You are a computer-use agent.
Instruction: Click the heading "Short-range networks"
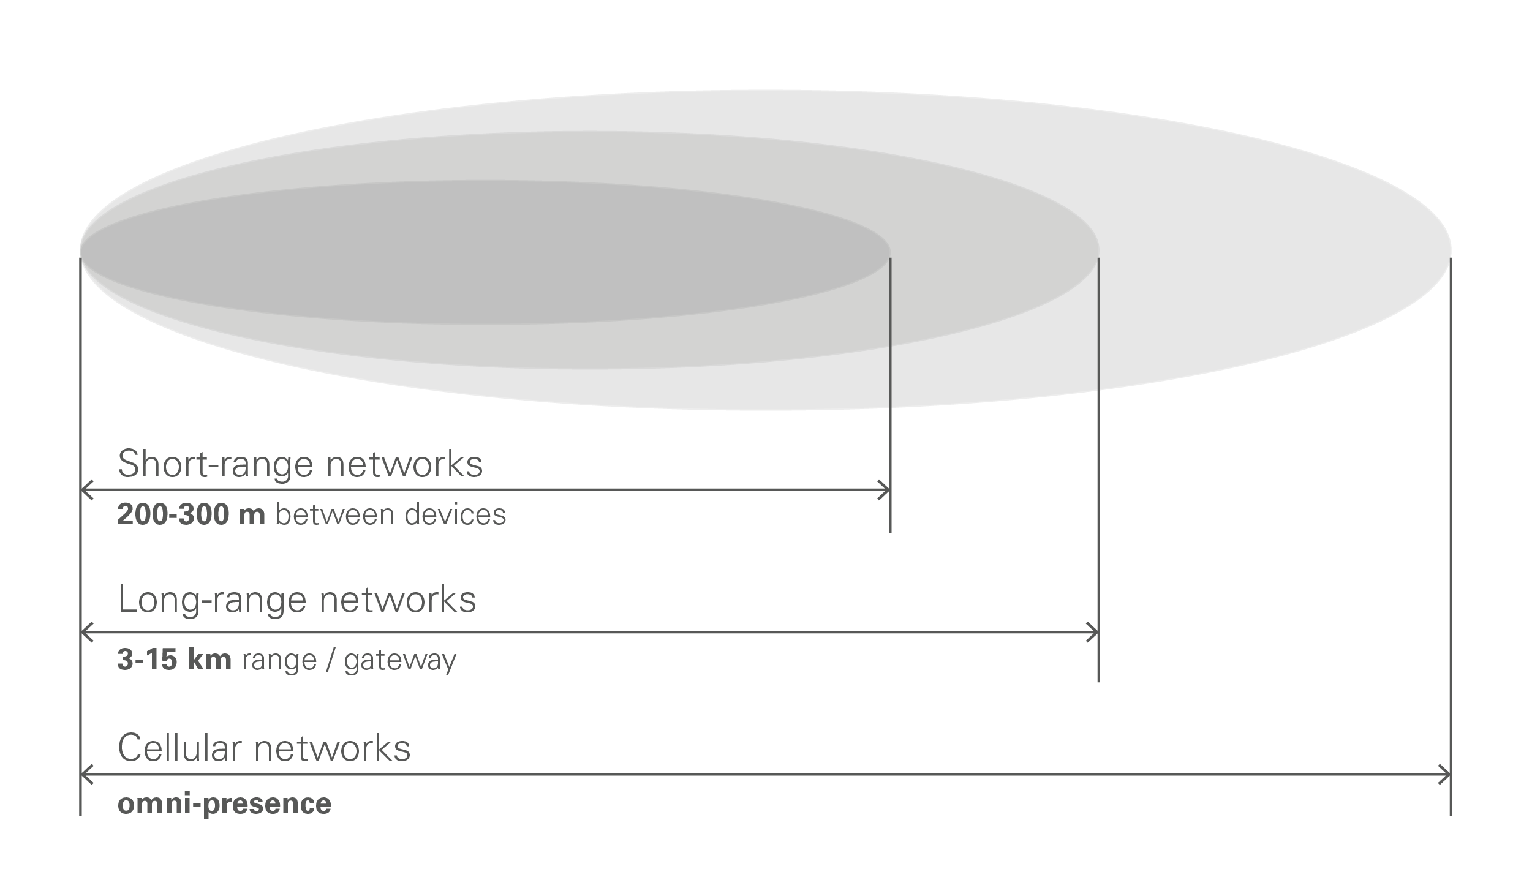300,464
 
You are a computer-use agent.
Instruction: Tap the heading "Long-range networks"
297,600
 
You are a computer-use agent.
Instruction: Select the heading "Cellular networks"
264,748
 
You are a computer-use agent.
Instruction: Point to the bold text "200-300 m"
191,514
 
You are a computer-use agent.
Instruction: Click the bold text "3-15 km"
175,660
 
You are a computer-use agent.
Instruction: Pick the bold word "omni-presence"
224,803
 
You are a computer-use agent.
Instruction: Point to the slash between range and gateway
330,660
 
